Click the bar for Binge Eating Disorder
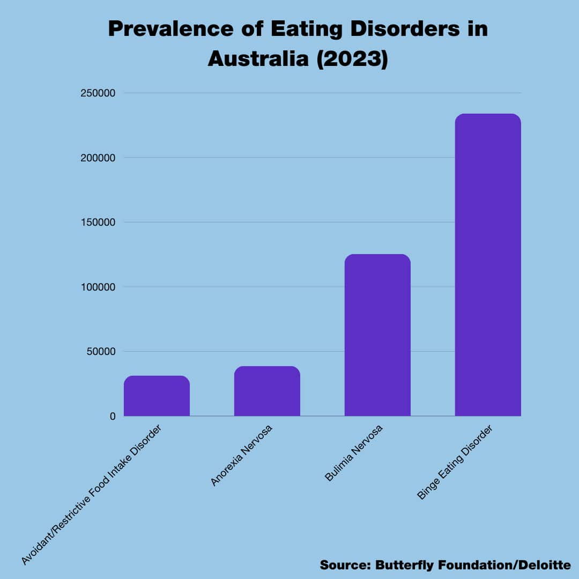click(x=488, y=265)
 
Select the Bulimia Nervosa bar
click(x=377, y=335)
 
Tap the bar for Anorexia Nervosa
click(x=267, y=391)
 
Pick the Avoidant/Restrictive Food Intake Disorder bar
click(x=157, y=396)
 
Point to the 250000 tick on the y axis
click(x=98, y=93)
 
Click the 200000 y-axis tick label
click(x=98, y=158)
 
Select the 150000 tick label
click(x=98, y=222)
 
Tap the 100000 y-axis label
click(x=98, y=287)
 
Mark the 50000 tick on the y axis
click(x=100, y=352)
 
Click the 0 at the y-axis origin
click(x=113, y=416)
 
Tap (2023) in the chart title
click(x=351, y=59)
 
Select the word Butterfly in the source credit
click(x=407, y=565)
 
